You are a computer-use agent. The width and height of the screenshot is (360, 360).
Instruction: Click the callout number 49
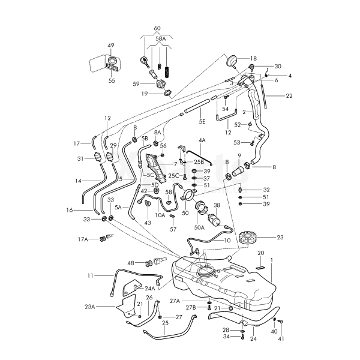pyautogui.click(x=110, y=46)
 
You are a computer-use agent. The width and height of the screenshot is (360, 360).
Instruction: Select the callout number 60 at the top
pyautogui.click(x=157, y=29)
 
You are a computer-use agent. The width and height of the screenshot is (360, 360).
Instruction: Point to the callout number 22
pyautogui.click(x=289, y=96)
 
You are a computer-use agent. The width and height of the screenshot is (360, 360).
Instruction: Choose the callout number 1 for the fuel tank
pyautogui.click(x=271, y=260)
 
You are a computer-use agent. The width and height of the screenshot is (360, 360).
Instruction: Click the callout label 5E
pyautogui.click(x=202, y=121)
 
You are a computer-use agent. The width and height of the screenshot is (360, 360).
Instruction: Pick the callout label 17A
pyautogui.click(x=82, y=239)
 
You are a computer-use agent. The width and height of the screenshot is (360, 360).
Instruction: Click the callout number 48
pyautogui.click(x=131, y=263)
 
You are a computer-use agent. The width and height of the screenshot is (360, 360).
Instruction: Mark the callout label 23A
pyautogui.click(x=89, y=306)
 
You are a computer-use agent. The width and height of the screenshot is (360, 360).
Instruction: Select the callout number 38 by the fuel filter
pyautogui.click(x=217, y=205)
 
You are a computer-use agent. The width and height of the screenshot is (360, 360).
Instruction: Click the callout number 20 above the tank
pyautogui.click(x=260, y=253)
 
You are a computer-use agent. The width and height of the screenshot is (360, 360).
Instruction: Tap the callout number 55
pyautogui.click(x=112, y=80)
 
